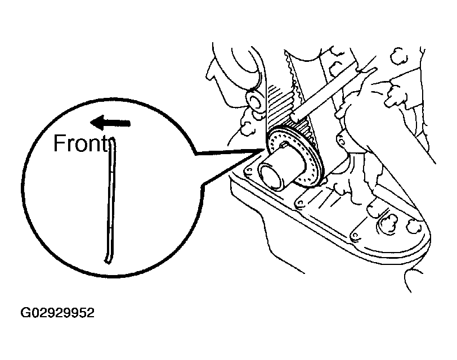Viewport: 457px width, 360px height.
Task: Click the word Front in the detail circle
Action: (79, 144)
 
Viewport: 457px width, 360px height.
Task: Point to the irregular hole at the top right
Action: (399, 55)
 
